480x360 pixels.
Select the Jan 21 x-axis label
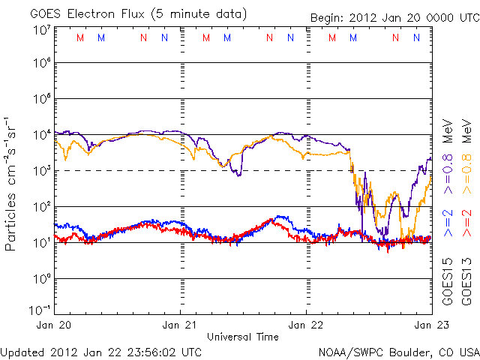pos(180,325)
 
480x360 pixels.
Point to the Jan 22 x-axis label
pos(305,325)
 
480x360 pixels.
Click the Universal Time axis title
pos(243,336)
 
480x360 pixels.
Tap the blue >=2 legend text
pos(447,223)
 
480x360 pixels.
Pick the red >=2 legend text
pos(466,223)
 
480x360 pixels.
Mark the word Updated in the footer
pos(22,351)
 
